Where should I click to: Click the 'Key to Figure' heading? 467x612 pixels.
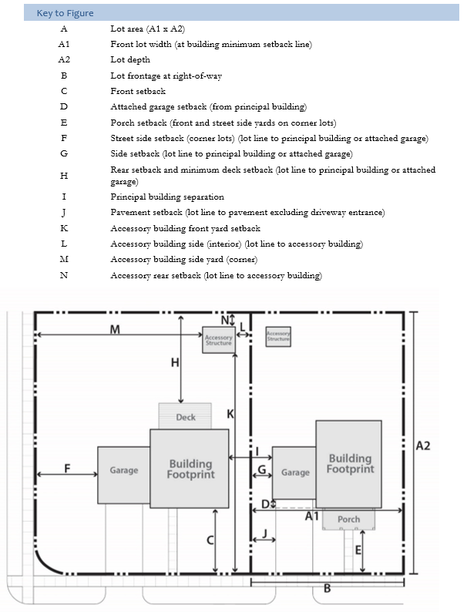coord(66,13)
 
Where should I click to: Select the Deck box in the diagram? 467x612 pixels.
coord(185,416)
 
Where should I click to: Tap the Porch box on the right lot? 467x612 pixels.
coord(349,519)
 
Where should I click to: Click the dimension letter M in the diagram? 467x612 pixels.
coord(115,329)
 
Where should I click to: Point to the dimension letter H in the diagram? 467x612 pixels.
coord(175,362)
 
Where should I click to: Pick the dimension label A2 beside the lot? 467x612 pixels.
coord(423,446)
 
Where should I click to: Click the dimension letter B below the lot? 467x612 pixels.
coord(328,588)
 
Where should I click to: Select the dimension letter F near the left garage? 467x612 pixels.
coord(67,468)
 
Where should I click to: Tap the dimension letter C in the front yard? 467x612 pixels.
coord(210,540)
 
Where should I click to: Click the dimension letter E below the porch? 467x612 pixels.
coord(358,550)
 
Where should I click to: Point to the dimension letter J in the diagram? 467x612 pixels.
coord(264,533)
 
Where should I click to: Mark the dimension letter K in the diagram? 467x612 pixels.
coord(230,414)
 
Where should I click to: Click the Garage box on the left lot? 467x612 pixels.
coord(123,475)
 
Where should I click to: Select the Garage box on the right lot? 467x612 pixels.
coord(294,472)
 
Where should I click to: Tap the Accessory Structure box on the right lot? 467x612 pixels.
coord(278,336)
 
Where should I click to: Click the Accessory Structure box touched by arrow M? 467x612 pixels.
coord(219,340)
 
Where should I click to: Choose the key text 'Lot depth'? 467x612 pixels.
coord(130,59)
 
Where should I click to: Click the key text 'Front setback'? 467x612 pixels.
coord(138,91)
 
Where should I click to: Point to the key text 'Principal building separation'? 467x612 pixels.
coord(167,197)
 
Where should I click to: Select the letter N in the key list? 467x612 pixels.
coord(64,275)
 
